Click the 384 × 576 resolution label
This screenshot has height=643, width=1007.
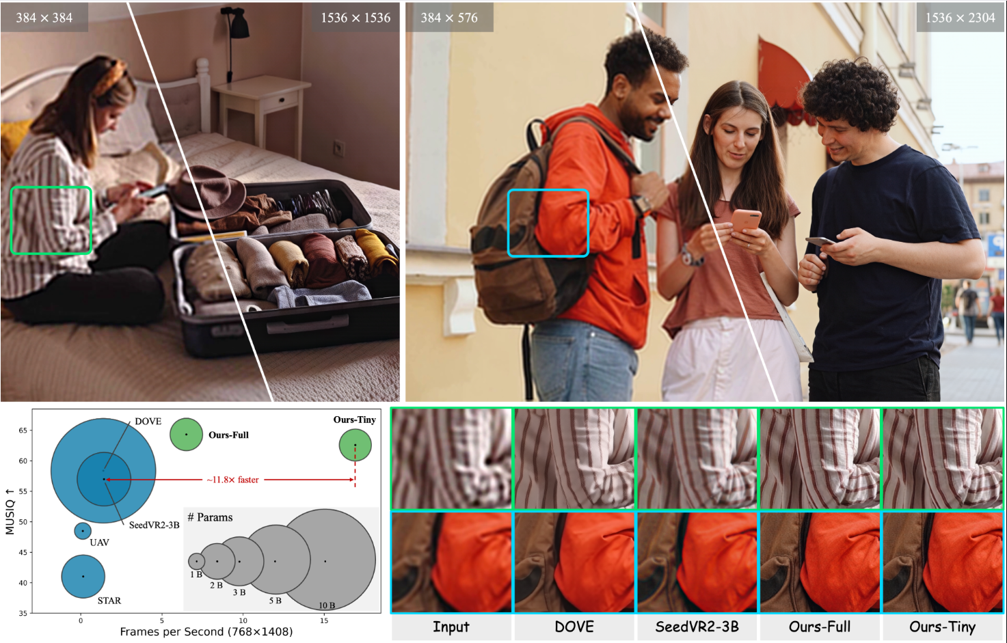pyautogui.click(x=449, y=18)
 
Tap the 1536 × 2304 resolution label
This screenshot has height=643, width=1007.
pyautogui.click(x=960, y=18)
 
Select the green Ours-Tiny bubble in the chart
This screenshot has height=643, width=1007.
pyautogui.click(x=355, y=445)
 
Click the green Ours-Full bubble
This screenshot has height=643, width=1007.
pyautogui.click(x=186, y=435)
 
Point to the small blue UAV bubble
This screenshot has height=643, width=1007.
pyautogui.click(x=83, y=531)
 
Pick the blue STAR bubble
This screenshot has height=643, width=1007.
pyautogui.click(x=83, y=577)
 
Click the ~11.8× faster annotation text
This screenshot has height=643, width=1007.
pyautogui.click(x=233, y=480)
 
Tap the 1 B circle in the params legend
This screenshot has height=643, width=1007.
pyautogui.click(x=196, y=561)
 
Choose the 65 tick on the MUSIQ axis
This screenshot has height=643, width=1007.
pyautogui.click(x=23, y=430)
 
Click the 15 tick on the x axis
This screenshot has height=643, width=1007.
pyautogui.click(x=324, y=620)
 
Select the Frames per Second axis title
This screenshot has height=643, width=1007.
pyautogui.click(x=206, y=632)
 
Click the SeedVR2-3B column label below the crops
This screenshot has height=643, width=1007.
pyautogui.click(x=697, y=627)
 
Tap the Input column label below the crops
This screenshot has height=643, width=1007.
pyautogui.click(x=451, y=627)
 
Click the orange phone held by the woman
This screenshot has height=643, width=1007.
pyautogui.click(x=745, y=220)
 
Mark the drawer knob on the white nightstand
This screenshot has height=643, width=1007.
pyautogui.click(x=282, y=100)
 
